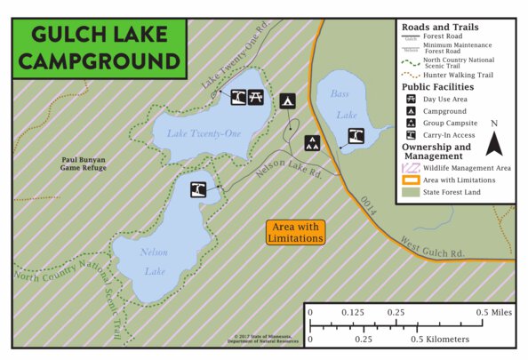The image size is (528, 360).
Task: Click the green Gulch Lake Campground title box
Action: pos(99,48)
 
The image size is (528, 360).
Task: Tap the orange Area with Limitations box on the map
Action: pos(295,232)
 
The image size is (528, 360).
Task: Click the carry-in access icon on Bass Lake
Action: pos(356,135)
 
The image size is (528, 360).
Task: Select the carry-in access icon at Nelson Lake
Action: pos(197,189)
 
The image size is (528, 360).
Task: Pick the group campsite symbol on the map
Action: pos(313,142)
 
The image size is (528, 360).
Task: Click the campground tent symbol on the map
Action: pos(287,100)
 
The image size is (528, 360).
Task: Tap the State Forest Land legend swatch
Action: pos(411,192)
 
